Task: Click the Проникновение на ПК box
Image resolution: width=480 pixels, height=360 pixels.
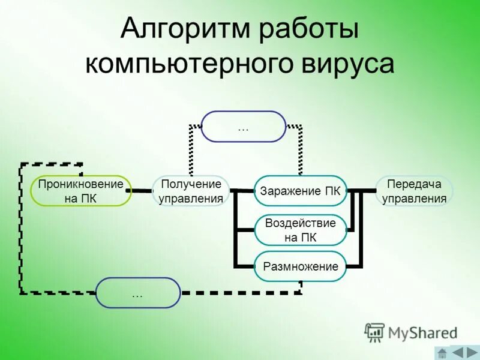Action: pos(80,191)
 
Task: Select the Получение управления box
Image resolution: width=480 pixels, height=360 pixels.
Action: pos(191,191)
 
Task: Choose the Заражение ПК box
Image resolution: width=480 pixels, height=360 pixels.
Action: pos(301,191)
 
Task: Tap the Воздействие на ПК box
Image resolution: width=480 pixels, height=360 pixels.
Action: pos(301,230)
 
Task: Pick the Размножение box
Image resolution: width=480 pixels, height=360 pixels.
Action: pos(301,266)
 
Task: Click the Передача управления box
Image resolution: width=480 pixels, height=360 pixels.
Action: pos(414,191)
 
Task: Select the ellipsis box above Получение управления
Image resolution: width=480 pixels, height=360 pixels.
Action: pos(243,127)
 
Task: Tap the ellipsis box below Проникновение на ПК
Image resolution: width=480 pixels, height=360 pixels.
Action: pos(137,293)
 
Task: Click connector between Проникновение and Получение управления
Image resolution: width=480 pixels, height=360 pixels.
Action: pos(142,191)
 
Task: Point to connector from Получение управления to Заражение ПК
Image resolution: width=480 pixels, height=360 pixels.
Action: pos(242,191)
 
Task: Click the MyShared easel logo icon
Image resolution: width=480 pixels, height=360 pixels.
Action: pos(375,332)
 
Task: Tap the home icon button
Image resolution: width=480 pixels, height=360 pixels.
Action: pos(442,352)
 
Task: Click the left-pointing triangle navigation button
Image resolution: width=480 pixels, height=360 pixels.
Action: pos(457,352)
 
